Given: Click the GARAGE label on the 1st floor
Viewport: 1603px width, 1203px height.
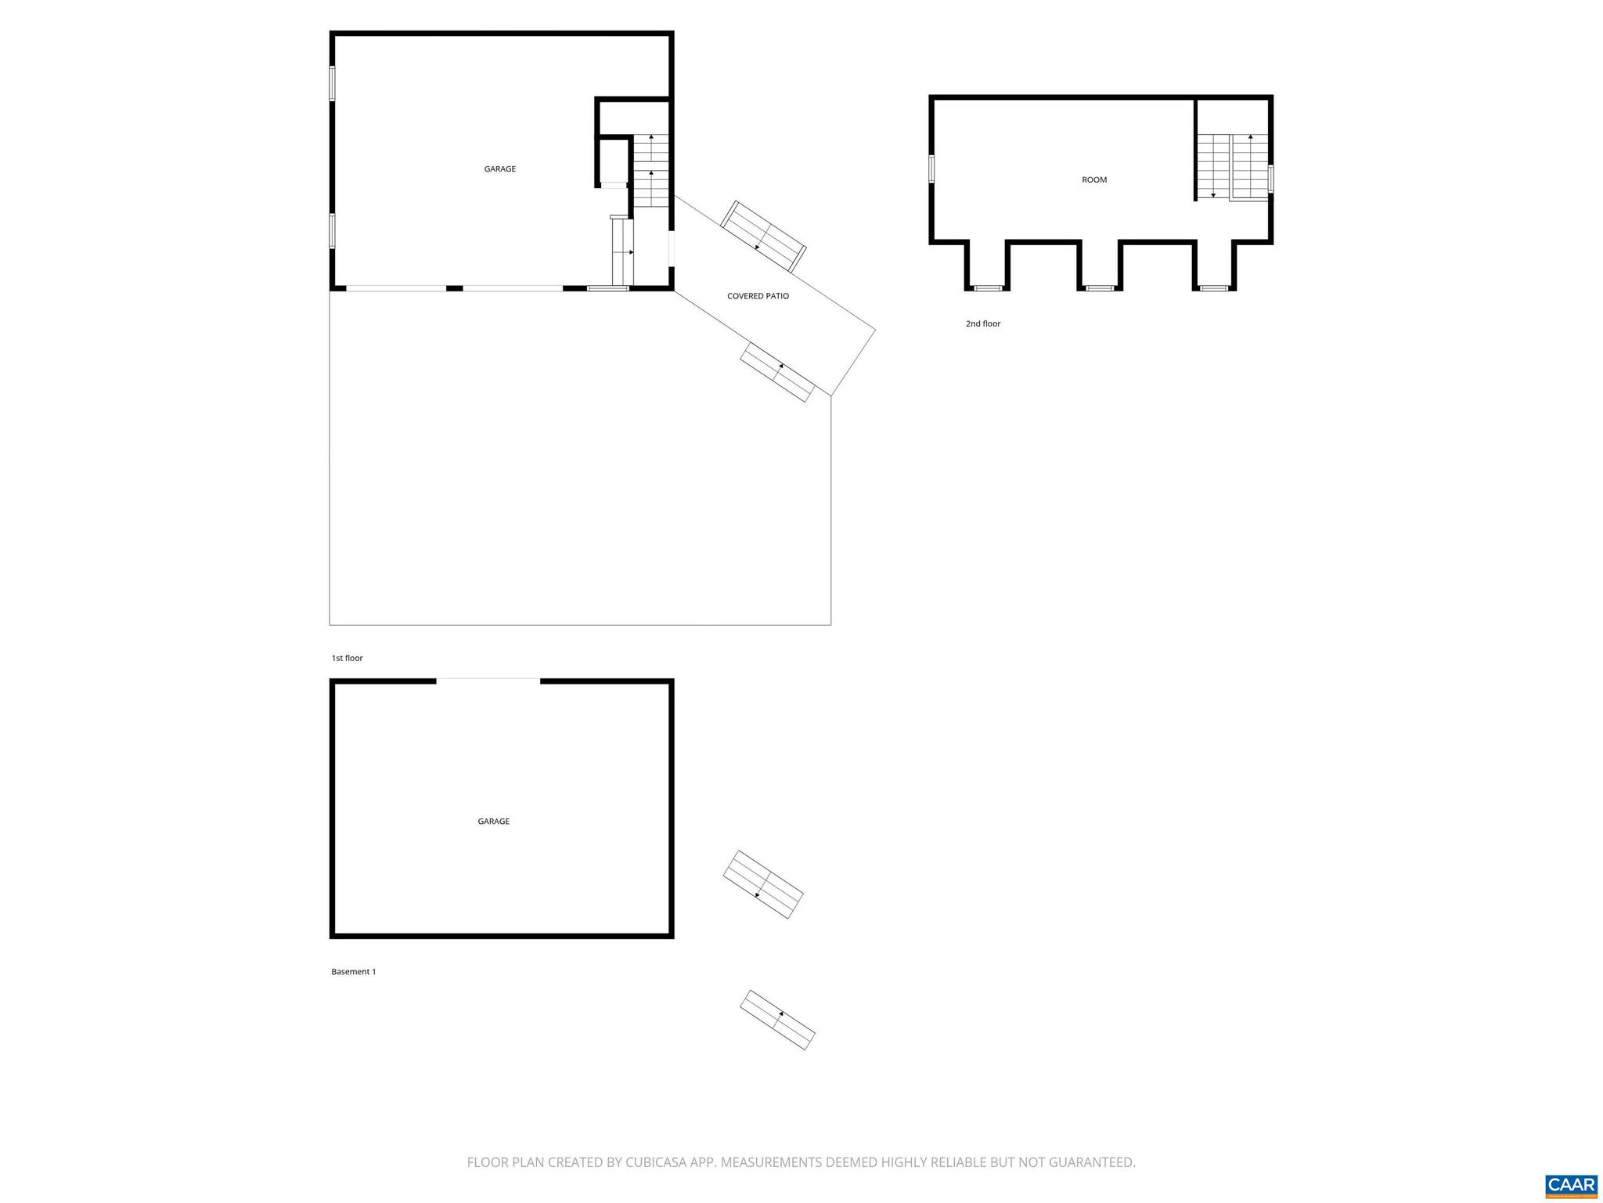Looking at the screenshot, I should point(499,169).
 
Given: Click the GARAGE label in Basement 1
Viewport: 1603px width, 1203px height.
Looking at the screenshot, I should point(493,822).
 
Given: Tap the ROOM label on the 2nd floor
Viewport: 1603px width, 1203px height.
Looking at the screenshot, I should point(1094,180).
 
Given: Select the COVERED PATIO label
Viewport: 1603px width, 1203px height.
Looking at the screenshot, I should point(758,296).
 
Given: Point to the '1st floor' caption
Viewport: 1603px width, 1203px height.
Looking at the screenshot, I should point(347,659).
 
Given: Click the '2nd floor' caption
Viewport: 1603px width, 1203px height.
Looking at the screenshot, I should point(982,323).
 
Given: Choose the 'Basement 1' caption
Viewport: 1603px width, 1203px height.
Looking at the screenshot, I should point(353,972).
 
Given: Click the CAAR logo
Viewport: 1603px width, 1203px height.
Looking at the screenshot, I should point(1571,1185).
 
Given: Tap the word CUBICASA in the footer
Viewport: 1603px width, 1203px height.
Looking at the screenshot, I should point(656,1162).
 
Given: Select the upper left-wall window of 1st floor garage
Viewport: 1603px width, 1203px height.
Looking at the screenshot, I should point(332,83).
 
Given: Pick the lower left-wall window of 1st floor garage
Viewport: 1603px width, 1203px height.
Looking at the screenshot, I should point(332,231).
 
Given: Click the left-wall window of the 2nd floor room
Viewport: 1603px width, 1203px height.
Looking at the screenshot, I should point(931,169).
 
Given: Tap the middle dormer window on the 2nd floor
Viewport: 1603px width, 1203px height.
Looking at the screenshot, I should point(1099,288).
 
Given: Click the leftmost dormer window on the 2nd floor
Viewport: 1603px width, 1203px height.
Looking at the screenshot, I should point(987,288).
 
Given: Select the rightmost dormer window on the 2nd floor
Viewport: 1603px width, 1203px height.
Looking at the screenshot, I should point(1214,288).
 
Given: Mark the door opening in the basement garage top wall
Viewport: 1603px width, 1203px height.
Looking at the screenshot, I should point(488,681).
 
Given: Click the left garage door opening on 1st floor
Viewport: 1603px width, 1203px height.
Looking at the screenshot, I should point(396,288).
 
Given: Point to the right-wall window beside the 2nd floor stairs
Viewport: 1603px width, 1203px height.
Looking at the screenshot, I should point(1270,179).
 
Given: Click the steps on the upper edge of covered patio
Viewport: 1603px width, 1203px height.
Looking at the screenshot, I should point(763,237).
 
